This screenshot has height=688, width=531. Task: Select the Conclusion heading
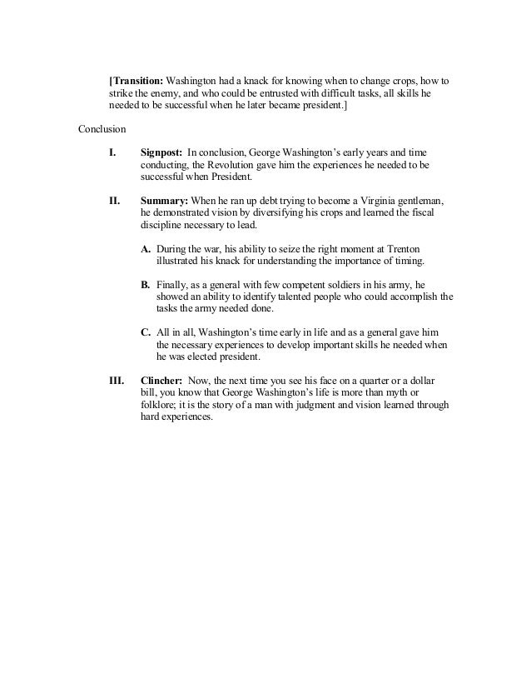click(x=102, y=129)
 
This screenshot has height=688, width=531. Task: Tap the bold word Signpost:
click(x=161, y=152)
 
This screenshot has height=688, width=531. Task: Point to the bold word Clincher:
click(x=164, y=380)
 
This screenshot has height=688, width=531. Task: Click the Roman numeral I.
click(x=112, y=152)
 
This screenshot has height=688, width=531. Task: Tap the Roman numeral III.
click(x=117, y=380)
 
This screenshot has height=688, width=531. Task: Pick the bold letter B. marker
click(x=146, y=284)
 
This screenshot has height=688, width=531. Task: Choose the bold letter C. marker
click(x=146, y=332)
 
